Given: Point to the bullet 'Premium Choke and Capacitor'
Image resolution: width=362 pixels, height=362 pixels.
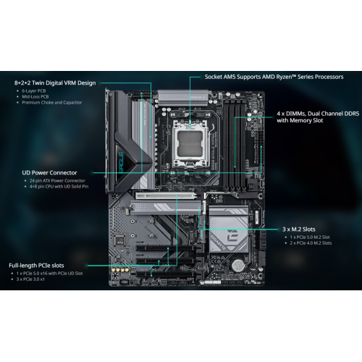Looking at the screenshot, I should (x=52, y=102).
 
